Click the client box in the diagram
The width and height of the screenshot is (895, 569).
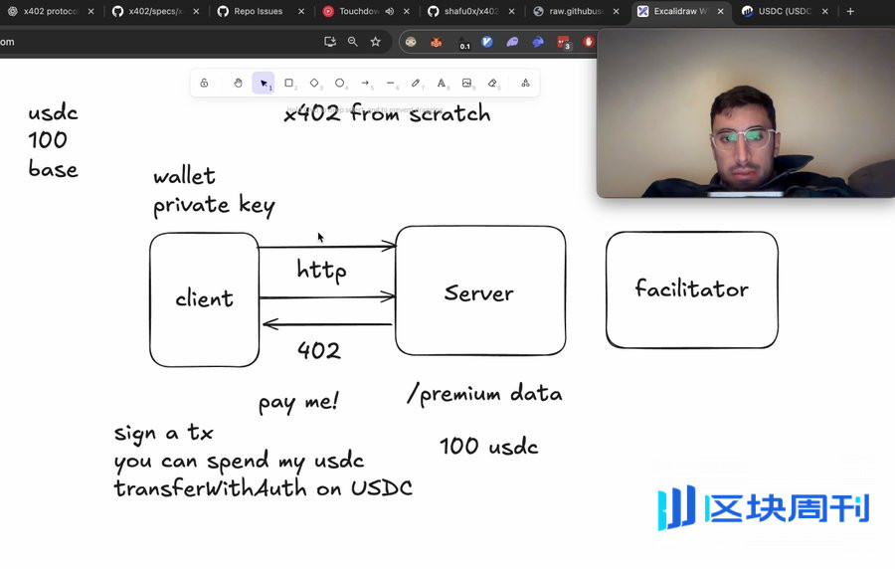point(204,298)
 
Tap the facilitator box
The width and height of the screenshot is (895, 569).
point(691,289)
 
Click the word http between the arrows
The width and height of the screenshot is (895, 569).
point(321,270)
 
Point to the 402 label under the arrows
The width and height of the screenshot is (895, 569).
point(318,350)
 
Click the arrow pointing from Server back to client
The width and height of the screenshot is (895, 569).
point(327,324)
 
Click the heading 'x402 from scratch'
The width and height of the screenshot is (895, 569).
point(387,113)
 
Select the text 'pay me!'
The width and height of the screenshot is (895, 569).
point(298,403)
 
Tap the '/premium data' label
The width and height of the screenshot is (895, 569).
point(484,394)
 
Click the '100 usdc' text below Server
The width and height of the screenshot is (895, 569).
point(488,447)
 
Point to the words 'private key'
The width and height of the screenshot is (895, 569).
point(214,206)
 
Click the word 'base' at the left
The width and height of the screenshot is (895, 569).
point(53,169)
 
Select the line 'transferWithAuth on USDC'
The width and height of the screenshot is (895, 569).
point(263,488)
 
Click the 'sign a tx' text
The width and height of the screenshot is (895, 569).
point(163,434)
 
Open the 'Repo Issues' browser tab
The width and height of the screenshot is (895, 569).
point(258,12)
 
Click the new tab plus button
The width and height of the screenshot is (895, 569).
point(850,12)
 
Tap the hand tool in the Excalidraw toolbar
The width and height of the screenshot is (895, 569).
point(238,84)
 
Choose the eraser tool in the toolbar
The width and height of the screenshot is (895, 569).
point(492,84)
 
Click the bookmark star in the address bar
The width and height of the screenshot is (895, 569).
point(375,42)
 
